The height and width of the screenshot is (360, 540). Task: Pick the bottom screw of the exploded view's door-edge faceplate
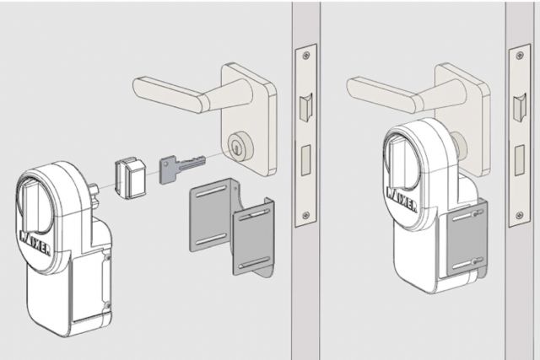pyautogui.click(x=305, y=212)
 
